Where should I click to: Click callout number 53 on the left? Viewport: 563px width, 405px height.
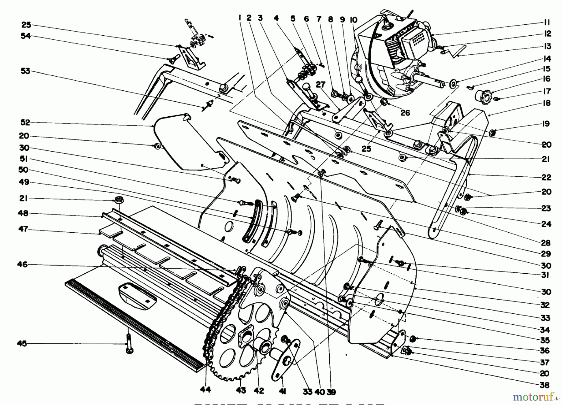pyautogui.click(x=25, y=71)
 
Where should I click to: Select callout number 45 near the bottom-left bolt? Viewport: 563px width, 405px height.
pyautogui.click(x=22, y=344)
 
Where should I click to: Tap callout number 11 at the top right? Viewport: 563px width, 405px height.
pyautogui.click(x=546, y=23)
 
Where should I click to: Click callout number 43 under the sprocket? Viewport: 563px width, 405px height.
pyautogui.click(x=241, y=390)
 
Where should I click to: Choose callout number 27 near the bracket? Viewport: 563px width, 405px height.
pyautogui.click(x=321, y=85)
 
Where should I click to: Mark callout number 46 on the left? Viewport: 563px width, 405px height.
pyautogui.click(x=23, y=265)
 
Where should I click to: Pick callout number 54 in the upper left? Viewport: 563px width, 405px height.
pyautogui.click(x=25, y=36)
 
